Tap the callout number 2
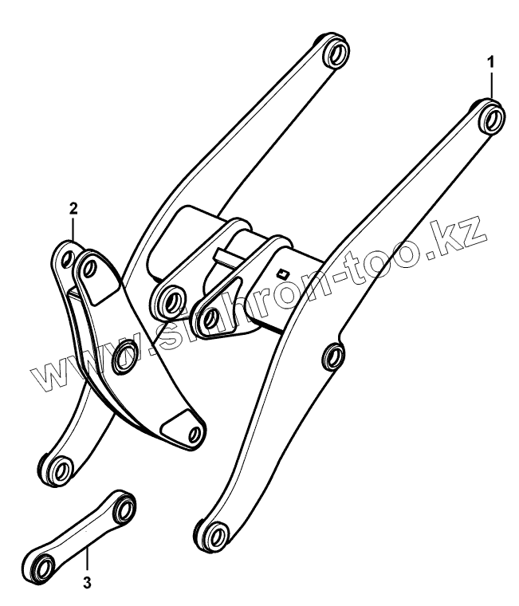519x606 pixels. coord(73,210)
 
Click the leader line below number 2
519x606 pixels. coord(74,232)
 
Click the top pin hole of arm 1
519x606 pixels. coord(491,118)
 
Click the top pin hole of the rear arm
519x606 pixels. coord(336,54)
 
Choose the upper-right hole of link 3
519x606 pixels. coord(124,504)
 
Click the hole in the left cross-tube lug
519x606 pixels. coord(169,301)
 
